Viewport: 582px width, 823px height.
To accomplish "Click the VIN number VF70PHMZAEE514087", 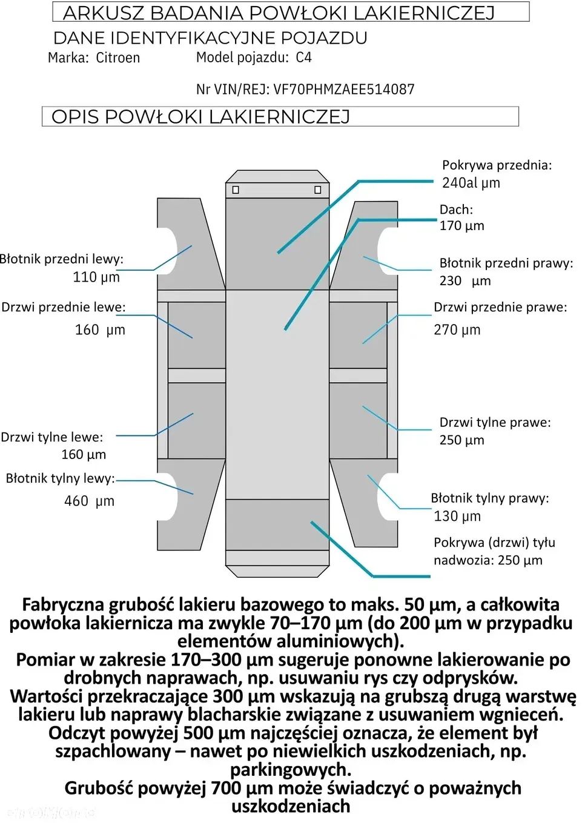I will [343, 90].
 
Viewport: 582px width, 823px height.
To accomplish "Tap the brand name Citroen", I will [118, 58].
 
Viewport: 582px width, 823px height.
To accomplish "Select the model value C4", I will [303, 58].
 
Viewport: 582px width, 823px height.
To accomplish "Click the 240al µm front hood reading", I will [471, 183].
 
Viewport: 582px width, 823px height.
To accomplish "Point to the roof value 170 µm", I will [461, 226].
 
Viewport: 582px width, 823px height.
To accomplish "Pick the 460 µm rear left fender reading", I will [89, 501].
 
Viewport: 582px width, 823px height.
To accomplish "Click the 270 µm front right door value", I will [457, 330].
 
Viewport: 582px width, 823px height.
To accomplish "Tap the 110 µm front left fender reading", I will [96, 277].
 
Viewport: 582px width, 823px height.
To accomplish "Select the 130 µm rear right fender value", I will [457, 517].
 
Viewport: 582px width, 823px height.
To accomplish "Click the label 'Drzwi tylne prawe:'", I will [495, 423].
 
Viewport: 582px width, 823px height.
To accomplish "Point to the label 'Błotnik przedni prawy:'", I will [506, 263].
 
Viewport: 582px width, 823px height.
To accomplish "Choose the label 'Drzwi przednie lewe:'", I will [64, 308].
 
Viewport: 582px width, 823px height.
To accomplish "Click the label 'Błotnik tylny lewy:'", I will [60, 478].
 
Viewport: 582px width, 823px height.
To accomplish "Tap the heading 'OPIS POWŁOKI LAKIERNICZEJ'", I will [200, 117].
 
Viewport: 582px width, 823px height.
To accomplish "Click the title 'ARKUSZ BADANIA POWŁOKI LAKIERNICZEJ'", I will [279, 13].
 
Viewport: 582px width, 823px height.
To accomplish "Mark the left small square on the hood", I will [236, 190].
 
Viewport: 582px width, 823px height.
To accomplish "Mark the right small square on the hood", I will [317, 190].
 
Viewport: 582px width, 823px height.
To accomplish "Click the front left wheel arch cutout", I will [167, 251].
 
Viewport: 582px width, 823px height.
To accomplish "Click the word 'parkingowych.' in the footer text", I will [291, 770].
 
